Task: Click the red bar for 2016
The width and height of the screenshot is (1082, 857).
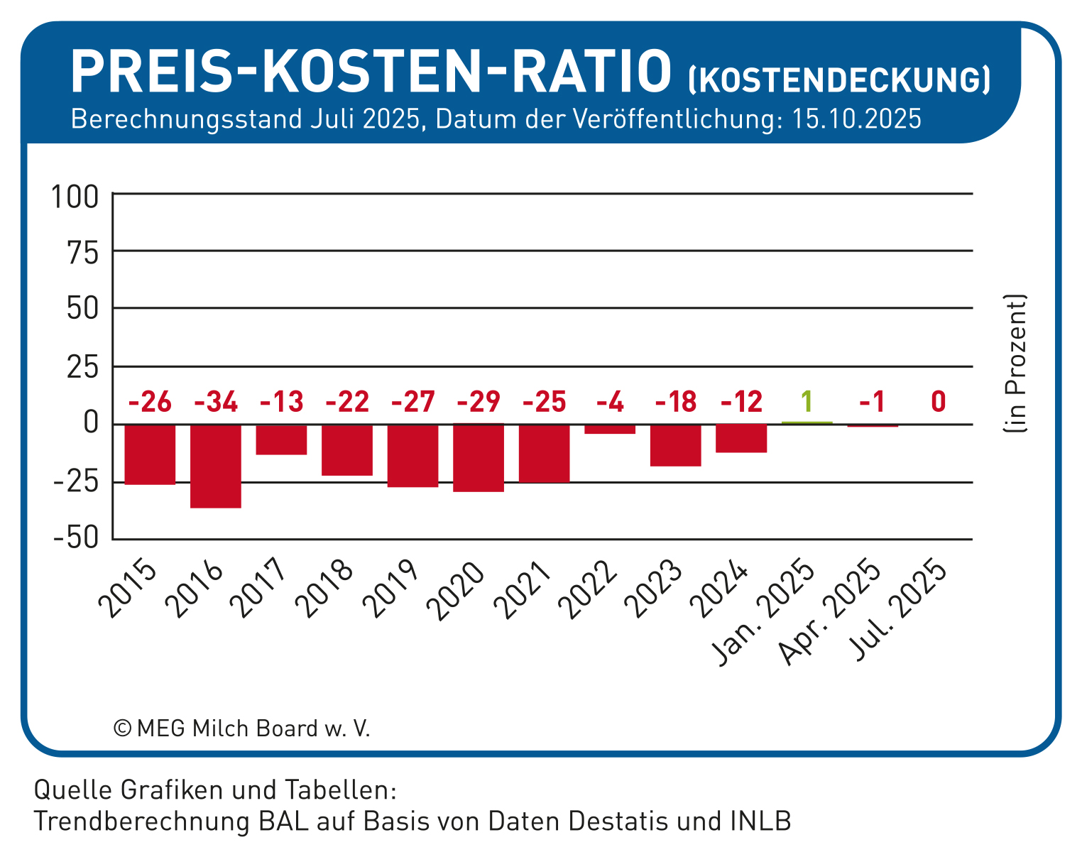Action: tap(216, 466)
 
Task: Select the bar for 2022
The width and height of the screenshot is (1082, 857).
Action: tap(610, 429)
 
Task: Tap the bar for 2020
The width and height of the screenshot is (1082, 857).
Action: tap(479, 458)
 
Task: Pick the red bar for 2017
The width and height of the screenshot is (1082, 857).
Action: tap(282, 440)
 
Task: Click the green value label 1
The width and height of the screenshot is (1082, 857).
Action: tap(807, 403)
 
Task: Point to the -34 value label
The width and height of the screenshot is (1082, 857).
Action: tap(216, 403)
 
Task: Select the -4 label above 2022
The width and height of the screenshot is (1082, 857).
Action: tap(610, 403)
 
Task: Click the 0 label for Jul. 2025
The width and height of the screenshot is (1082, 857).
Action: tap(938, 403)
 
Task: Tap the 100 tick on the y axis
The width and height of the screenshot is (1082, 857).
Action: tap(75, 197)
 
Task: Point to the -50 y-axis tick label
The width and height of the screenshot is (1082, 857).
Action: tap(75, 539)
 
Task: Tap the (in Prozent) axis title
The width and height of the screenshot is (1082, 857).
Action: tap(1015, 364)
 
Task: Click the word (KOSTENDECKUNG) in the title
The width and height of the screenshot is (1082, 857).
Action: tap(839, 80)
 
